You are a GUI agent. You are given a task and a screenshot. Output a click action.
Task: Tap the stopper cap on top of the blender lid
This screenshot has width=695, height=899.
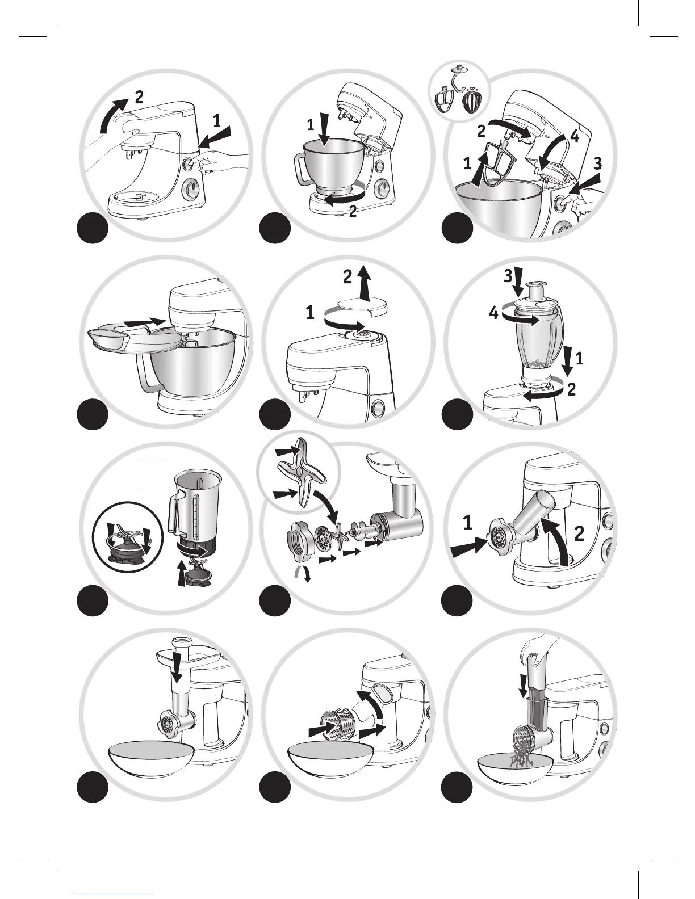[x=534, y=290]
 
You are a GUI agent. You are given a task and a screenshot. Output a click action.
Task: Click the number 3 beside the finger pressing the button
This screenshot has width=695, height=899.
[x=597, y=163]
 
